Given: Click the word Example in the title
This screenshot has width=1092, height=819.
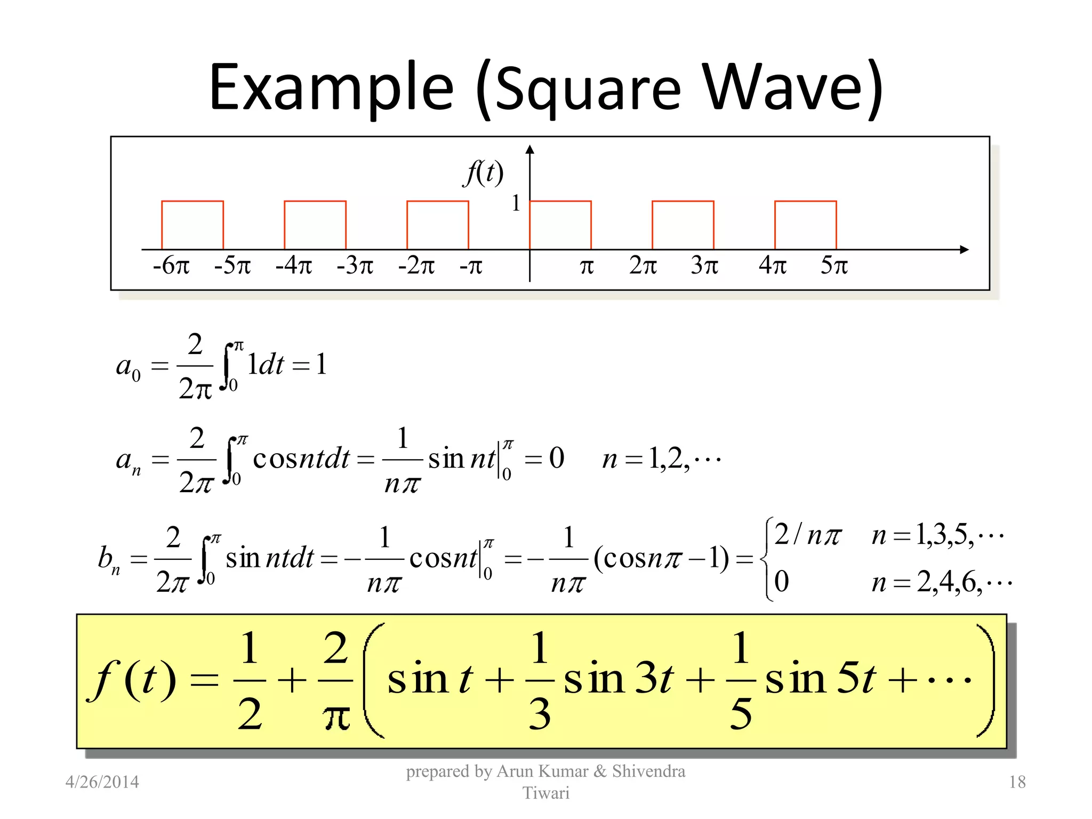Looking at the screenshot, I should click(x=331, y=88).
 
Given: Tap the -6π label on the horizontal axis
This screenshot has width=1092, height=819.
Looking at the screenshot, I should click(x=171, y=265).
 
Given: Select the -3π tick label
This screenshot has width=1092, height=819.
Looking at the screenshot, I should click(x=355, y=265).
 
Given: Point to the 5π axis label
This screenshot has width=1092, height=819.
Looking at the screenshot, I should click(x=834, y=265).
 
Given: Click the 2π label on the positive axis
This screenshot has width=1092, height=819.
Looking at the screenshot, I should click(x=643, y=265).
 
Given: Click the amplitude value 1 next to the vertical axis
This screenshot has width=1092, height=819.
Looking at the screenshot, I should click(x=516, y=203).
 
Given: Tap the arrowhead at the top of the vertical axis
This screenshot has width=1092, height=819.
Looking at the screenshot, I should click(x=529, y=149).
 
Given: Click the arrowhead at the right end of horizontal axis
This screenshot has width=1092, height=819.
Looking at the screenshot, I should click(x=964, y=250).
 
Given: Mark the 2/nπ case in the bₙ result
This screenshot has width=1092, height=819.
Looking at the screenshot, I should click(x=807, y=535).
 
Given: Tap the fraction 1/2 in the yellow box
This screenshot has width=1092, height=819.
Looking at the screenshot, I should click(x=250, y=680).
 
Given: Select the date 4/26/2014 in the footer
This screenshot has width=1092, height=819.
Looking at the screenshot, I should click(x=102, y=782).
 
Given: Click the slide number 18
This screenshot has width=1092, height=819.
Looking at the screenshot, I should click(x=1017, y=782).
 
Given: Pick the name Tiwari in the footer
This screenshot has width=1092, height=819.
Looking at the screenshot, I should click(x=546, y=793).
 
